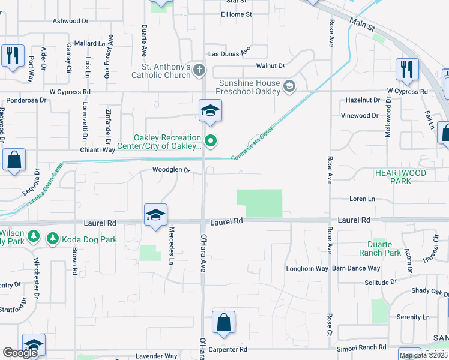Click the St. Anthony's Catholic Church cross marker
pos(199,71)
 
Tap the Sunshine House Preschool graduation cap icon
pos(289,87)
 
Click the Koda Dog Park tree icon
pos(53,239)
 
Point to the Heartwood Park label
pos(400,176)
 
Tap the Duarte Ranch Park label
pos(384,248)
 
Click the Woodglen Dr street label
pos(171,170)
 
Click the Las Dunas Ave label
pos(229,53)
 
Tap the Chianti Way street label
pos(99,149)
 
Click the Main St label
pos(361,25)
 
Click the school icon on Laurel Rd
pos(155,215)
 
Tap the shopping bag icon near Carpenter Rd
pos(223,322)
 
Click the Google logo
pos(20,353)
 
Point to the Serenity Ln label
pos(413,317)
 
